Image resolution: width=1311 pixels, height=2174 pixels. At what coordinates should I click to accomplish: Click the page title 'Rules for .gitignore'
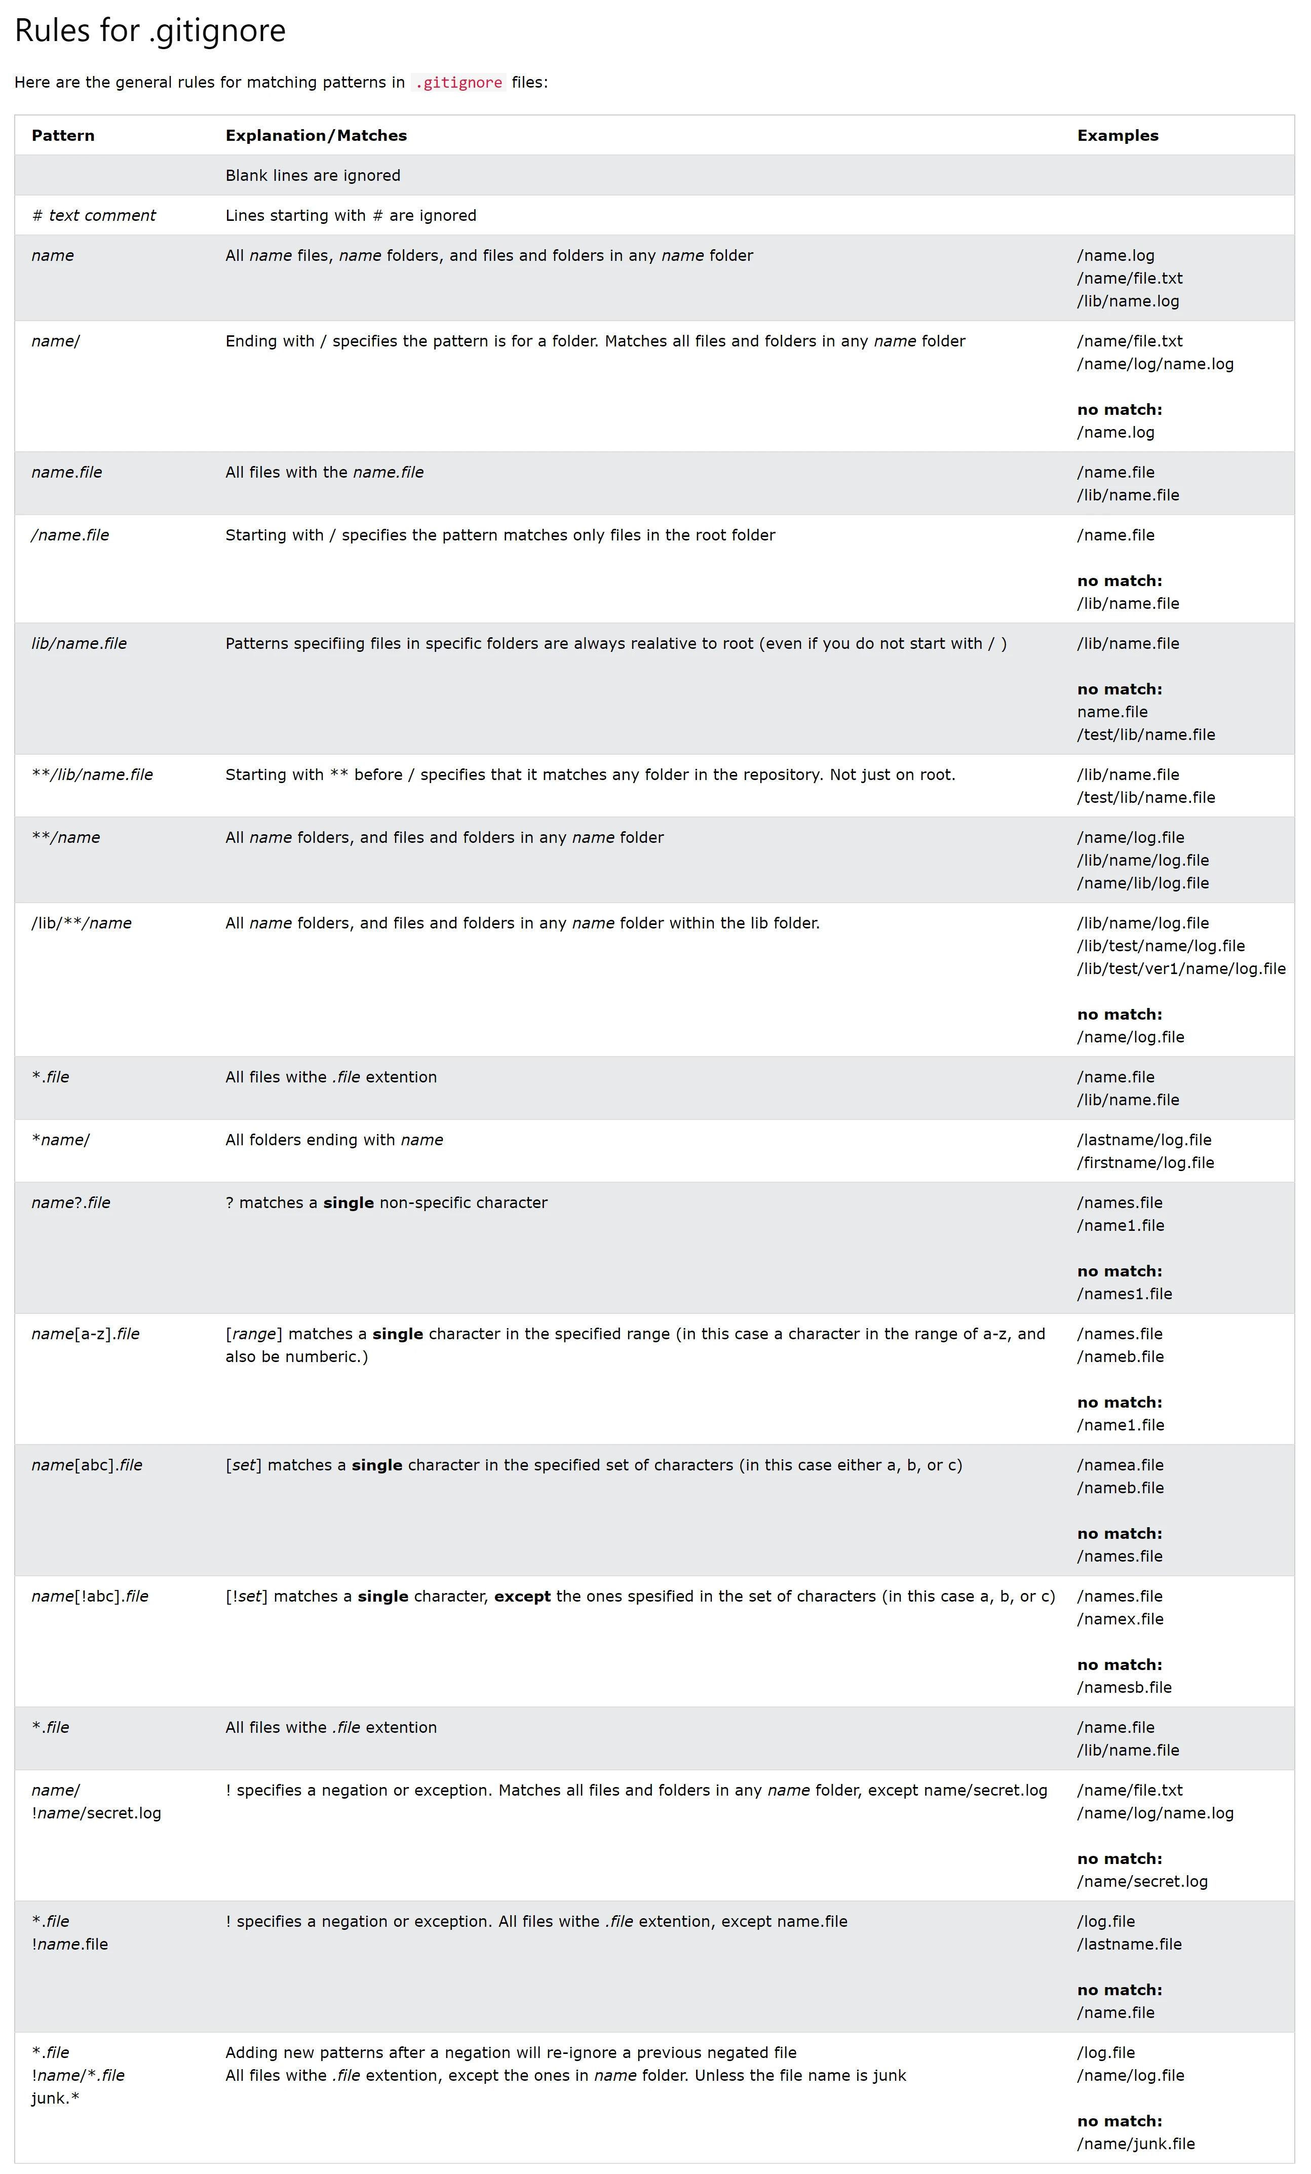150,31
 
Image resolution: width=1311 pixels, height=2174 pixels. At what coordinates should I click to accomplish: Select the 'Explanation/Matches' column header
316,136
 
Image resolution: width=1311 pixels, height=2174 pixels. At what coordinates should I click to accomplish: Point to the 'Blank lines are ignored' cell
313,176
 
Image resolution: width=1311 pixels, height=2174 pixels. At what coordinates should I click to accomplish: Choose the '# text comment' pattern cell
94,215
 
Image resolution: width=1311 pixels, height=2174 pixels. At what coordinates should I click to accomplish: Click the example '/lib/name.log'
1128,301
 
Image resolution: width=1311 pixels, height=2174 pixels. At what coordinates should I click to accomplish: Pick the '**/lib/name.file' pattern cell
92,774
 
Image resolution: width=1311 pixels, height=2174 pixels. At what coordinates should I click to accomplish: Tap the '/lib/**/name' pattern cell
81,923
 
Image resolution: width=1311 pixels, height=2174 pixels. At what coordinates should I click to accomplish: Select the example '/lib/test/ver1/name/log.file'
1180,969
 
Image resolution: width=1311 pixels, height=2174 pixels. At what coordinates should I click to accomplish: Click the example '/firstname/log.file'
1145,1163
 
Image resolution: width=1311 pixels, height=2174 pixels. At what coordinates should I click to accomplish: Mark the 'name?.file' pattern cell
70,1202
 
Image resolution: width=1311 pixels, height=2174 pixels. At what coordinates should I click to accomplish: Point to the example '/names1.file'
1124,1294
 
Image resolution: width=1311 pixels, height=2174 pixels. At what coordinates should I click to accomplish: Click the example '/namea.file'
1120,1465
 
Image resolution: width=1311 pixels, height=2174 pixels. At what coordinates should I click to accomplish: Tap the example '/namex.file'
1120,1619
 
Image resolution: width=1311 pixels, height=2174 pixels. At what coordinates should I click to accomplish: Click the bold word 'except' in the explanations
522,1596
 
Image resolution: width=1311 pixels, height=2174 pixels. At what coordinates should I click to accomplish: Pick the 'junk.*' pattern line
55,2098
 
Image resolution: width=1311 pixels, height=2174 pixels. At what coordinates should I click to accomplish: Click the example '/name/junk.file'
1135,2144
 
